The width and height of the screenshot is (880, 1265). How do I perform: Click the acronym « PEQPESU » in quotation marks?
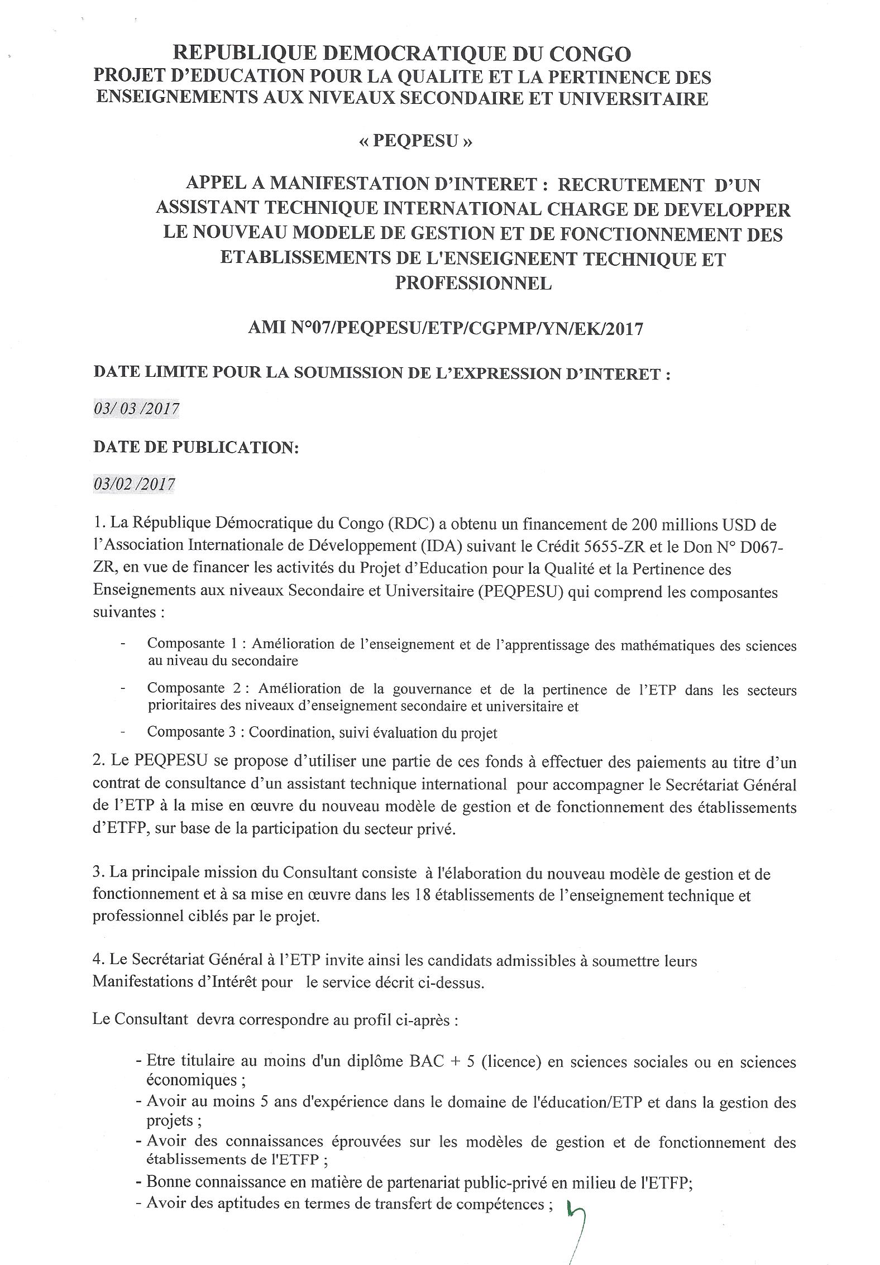(415, 141)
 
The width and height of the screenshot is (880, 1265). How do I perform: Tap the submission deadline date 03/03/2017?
(136, 409)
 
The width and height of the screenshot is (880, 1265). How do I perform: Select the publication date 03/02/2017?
(134, 483)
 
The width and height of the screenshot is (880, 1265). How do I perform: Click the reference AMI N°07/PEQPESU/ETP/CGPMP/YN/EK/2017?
(445, 329)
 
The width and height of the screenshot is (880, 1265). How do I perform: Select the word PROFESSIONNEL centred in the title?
(473, 283)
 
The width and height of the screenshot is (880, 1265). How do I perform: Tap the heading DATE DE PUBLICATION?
(196, 447)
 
